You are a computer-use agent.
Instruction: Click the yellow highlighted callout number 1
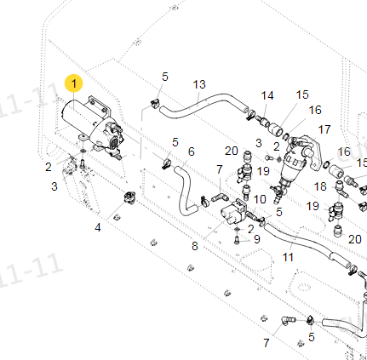pos(74,83)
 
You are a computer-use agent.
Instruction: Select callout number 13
pos(199,84)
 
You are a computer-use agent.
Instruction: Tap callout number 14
pos(267,95)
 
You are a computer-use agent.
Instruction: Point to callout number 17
pos(324,129)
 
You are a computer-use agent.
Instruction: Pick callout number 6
pos(192,151)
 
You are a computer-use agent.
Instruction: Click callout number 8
pos(194,246)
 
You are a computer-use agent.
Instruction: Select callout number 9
pos(256,239)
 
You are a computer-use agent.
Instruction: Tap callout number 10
pos(260,199)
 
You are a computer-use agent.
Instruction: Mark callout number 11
pos(288,257)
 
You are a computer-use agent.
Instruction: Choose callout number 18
pos(320,186)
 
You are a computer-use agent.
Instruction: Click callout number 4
pos(98,227)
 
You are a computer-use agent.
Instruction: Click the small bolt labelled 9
pos(237,241)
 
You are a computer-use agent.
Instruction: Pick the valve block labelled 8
pos(232,212)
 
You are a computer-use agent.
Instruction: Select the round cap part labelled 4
pos(130,197)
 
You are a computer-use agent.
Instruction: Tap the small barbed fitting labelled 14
pos(263,121)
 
